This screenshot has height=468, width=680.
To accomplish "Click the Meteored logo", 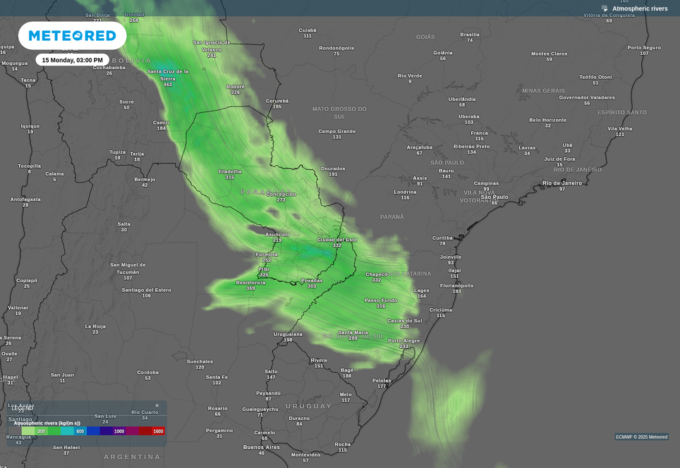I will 72,35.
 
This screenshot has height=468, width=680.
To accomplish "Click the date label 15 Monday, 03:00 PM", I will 72,60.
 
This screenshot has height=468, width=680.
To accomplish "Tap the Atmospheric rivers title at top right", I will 639,8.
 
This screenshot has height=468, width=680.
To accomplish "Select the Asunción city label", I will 277,234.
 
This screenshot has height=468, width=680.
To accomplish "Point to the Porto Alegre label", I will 403,340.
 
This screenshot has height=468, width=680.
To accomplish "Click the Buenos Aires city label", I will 262,447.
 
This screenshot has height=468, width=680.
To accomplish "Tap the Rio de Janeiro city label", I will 562,183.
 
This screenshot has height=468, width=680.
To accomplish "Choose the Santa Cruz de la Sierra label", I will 168,75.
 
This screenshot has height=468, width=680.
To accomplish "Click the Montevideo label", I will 305,455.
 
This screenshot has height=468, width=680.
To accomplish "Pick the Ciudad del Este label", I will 337,240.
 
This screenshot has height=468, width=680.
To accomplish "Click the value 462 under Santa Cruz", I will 168,85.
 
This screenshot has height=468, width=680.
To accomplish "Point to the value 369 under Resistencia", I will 250,288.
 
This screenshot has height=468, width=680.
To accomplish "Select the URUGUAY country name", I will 308,406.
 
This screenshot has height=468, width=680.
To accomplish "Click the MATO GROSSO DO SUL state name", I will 339,112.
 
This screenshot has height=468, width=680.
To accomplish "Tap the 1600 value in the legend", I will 158,431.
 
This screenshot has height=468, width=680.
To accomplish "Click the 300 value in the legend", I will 41,431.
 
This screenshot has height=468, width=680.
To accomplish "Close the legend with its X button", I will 157,406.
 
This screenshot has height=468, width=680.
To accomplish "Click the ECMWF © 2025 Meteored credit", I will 641,437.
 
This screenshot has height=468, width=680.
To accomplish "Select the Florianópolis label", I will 456,285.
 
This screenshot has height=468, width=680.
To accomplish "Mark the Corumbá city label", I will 277,101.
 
